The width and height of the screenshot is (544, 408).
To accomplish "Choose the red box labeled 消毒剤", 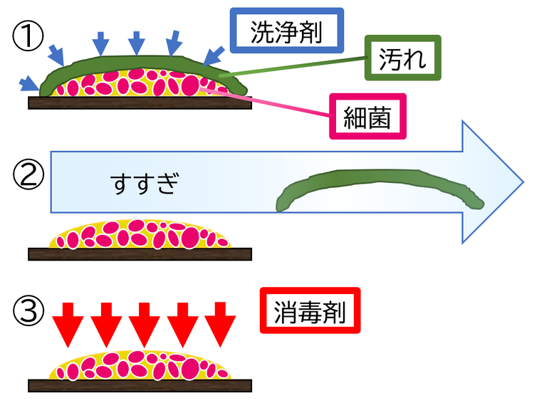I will (x=310, y=310).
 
